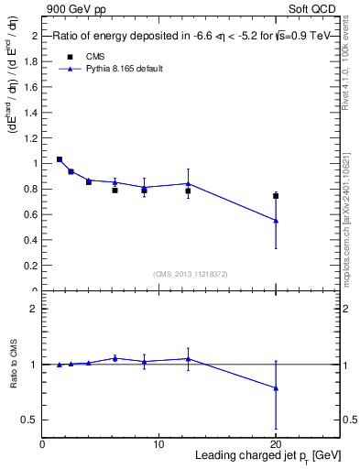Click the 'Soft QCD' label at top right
click(x=314, y=8)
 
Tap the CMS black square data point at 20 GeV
click(x=276, y=196)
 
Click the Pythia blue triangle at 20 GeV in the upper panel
click(x=276, y=221)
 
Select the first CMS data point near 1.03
click(x=60, y=159)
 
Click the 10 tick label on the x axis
click(x=158, y=444)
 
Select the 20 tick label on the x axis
click(x=276, y=444)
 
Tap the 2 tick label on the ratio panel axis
click(x=35, y=310)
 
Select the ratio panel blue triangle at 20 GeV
click(x=276, y=388)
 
